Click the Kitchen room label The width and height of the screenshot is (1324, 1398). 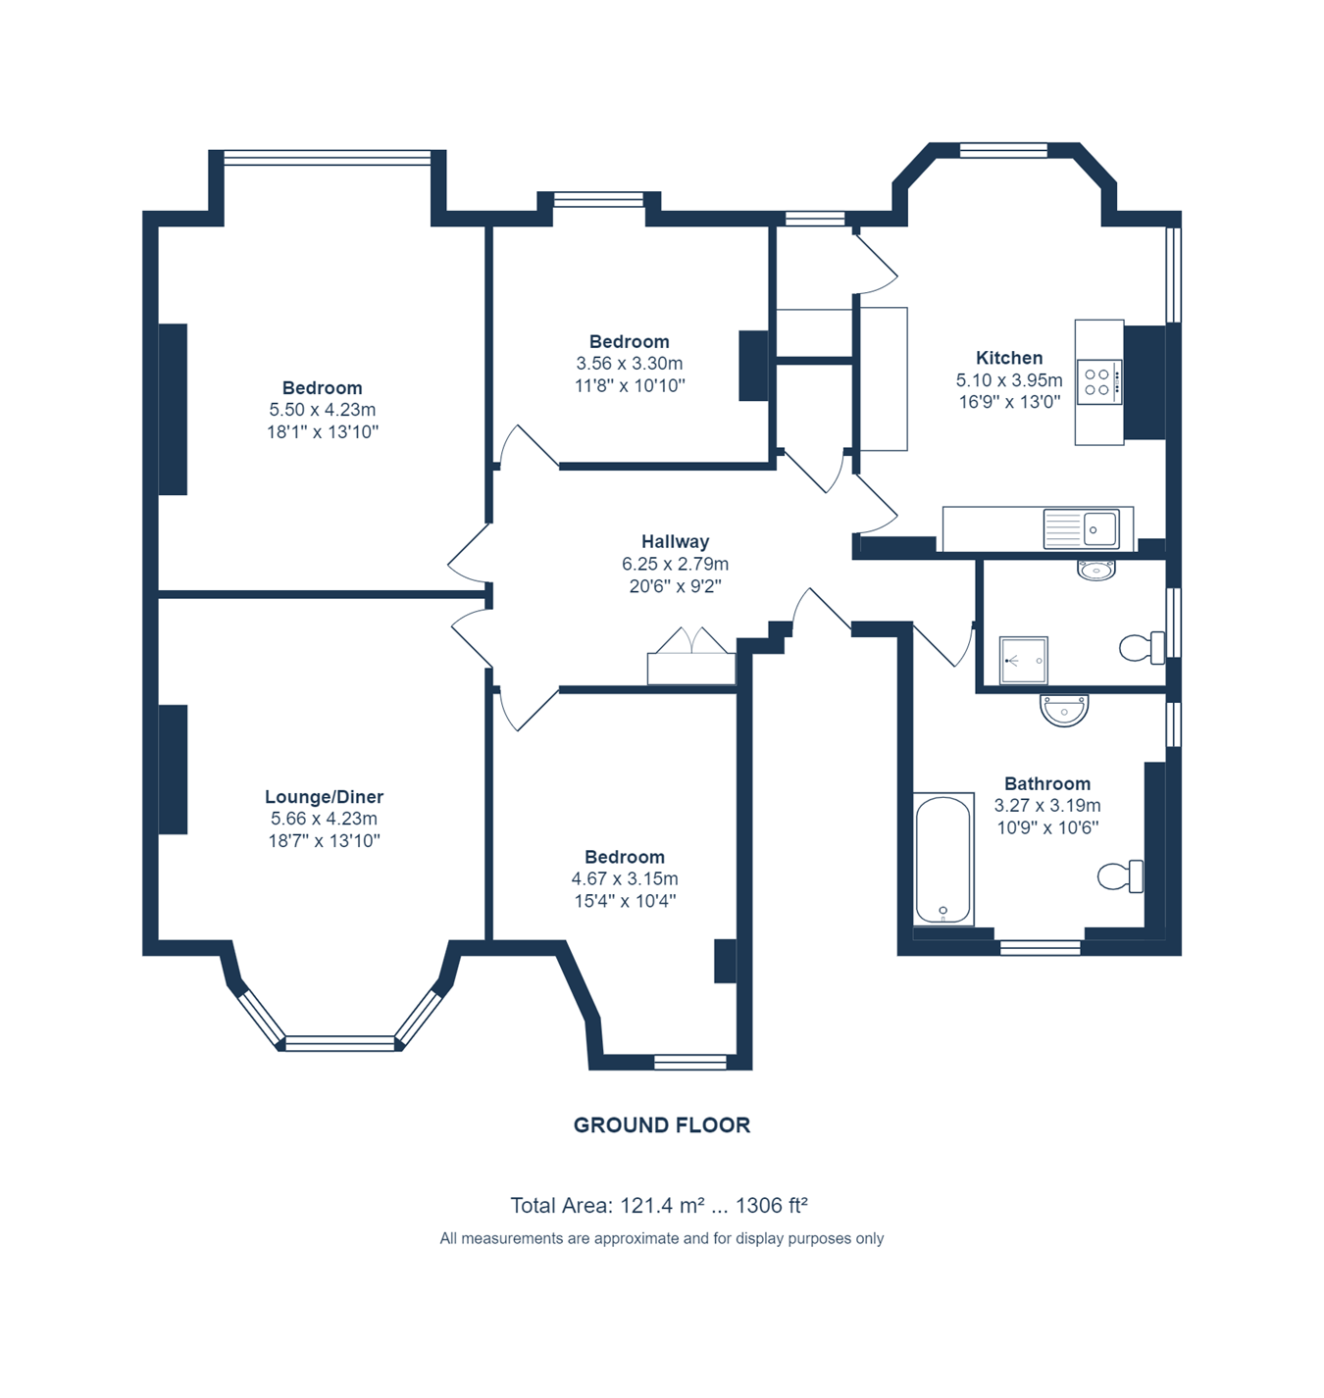pos(1008,358)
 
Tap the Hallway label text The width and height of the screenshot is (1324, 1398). pos(675,542)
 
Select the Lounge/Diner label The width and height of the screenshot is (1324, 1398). pos(324,796)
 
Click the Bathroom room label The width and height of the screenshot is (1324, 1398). pos(1046,783)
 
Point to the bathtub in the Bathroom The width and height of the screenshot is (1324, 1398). pos(942,859)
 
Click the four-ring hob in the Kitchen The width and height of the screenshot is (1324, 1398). pos(1098,382)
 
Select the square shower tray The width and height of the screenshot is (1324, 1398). pos(1023,660)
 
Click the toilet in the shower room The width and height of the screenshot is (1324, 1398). pos(1142,648)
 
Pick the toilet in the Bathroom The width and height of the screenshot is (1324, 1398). pos(1120,876)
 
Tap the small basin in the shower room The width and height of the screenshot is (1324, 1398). pos(1095,571)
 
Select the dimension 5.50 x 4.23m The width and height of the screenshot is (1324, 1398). pos(322,410)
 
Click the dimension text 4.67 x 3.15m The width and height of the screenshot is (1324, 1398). pos(624,879)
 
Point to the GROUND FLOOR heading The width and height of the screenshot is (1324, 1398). pos(662,1124)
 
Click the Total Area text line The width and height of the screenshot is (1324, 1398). pos(659,1205)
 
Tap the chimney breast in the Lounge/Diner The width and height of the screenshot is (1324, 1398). pos(173,770)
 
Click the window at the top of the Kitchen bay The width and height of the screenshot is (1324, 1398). pos(1003,150)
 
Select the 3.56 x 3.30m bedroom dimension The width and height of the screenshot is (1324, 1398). pos(629,364)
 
